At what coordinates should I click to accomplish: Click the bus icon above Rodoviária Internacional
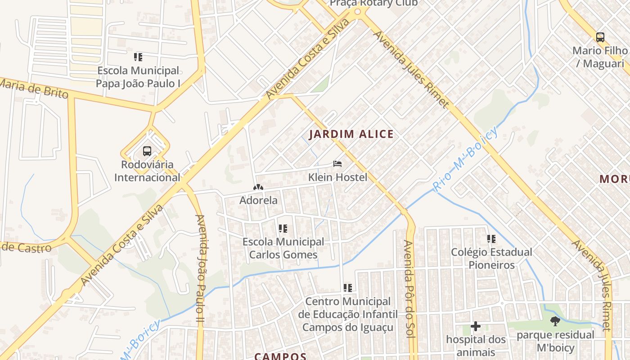point(147,151)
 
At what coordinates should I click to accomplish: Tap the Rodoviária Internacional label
point(147,171)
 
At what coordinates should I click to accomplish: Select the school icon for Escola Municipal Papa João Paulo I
point(138,57)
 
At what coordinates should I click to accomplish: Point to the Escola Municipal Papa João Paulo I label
point(138,77)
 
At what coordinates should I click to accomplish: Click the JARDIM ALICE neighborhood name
point(351,134)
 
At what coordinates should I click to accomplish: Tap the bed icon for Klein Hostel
point(337,164)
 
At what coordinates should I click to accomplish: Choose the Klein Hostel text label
point(337,177)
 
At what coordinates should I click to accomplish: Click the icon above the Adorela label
point(258,187)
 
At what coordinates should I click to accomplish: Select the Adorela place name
point(258,200)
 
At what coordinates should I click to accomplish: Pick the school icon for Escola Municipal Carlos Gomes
point(283,229)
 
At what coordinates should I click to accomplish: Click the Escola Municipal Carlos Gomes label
point(283,248)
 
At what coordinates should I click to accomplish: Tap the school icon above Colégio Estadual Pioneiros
point(491,238)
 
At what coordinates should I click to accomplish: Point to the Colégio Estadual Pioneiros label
point(491,258)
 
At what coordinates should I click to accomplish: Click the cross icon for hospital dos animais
point(476,326)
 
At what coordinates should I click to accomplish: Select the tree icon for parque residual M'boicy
point(555,321)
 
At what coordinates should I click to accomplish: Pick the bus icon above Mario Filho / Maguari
point(600,37)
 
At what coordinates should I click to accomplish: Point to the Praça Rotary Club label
point(373,4)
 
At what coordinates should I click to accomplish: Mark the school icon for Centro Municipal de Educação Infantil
point(347,288)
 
